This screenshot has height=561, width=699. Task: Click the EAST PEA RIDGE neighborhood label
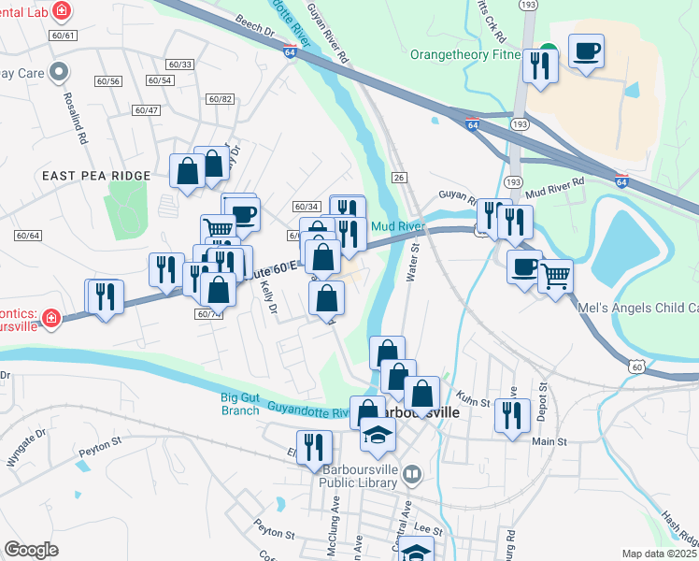pos(95,176)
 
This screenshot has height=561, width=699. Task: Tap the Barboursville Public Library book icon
pos(410,476)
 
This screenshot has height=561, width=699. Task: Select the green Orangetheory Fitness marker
pos(548,52)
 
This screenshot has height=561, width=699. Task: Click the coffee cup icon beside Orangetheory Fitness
pos(586,51)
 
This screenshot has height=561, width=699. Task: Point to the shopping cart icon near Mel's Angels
pos(555,276)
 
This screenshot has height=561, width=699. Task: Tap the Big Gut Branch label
pos(239,403)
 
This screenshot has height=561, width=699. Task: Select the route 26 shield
pos(399,178)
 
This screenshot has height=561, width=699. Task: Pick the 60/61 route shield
pos(64,35)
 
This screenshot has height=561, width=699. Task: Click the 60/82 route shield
pos(221,99)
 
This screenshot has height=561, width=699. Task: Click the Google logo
pos(31,549)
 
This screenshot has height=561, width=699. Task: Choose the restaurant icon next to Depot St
pos(510,413)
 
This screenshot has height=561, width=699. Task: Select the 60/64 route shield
pos(28,235)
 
